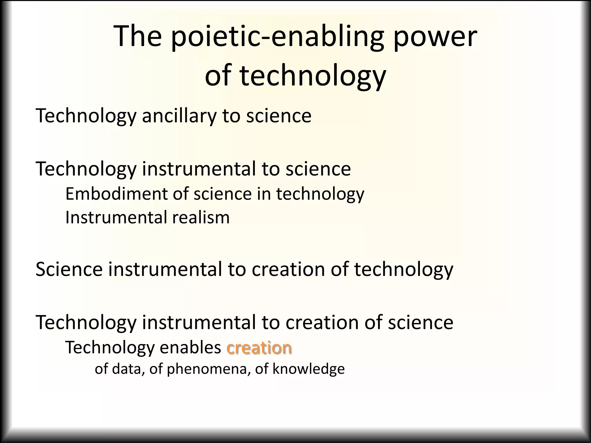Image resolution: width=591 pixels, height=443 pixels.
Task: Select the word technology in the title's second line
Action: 313,76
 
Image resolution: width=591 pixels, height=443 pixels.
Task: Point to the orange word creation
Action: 259,348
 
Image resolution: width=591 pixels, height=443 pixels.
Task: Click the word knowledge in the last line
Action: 308,369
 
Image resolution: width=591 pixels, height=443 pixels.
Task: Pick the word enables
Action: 190,348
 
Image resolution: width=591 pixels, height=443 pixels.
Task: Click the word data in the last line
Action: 128,369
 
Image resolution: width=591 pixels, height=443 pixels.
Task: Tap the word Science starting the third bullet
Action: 69,269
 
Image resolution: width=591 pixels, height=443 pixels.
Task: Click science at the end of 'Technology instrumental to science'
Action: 318,169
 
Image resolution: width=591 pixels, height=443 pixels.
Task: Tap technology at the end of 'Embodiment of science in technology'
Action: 320,194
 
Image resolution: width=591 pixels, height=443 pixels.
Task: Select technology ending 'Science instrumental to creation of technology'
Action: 403,269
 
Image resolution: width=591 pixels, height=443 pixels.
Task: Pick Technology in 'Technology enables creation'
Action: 110,348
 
